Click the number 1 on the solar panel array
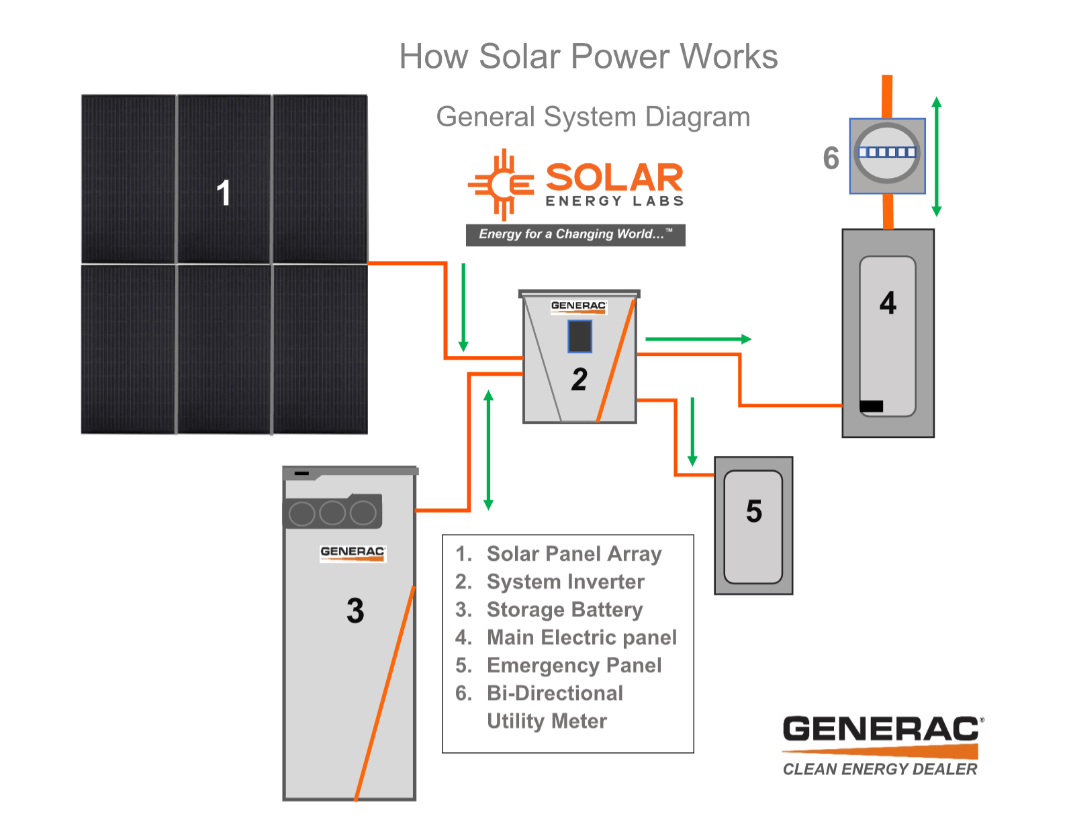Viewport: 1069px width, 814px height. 223,192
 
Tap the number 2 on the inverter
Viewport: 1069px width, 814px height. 579,379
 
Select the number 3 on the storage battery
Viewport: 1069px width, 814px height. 355,610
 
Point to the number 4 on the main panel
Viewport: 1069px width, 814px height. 887,302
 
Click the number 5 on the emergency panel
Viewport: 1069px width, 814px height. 753,511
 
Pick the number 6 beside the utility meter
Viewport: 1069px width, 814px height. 831,158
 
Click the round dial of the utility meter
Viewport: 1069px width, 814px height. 886,152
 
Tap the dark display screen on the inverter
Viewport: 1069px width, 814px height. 579,336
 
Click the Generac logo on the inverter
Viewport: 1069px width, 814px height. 578,306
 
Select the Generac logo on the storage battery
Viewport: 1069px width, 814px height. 353,553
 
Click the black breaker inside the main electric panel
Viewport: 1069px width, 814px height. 871,406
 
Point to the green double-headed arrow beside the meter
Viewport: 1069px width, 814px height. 936,156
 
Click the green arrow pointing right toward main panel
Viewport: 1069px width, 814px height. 698,338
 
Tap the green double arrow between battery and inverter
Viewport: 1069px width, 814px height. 488,449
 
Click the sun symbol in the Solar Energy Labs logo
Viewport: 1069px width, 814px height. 501,185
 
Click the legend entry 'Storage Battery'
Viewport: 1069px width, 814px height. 565,609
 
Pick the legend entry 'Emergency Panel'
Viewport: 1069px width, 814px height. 574,665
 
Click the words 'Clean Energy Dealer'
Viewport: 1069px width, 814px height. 880,769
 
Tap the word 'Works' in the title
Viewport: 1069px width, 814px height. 729,56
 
